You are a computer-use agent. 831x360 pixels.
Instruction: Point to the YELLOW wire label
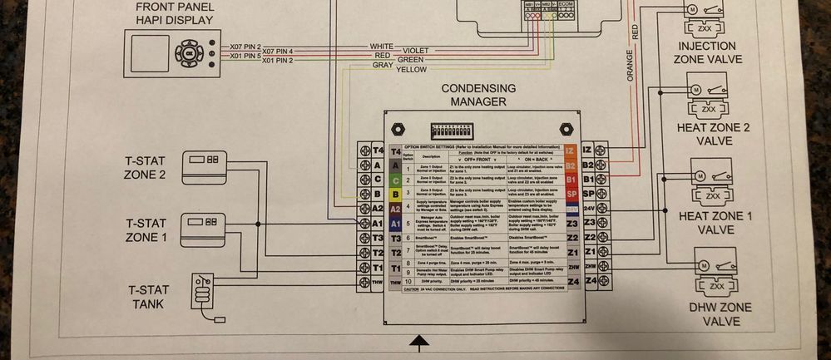pos(412,70)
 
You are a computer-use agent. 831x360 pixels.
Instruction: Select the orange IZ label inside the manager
pos(570,150)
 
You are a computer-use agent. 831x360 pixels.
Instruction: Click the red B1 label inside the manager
pos(571,179)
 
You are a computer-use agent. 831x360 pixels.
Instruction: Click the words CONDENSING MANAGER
pos(478,95)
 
